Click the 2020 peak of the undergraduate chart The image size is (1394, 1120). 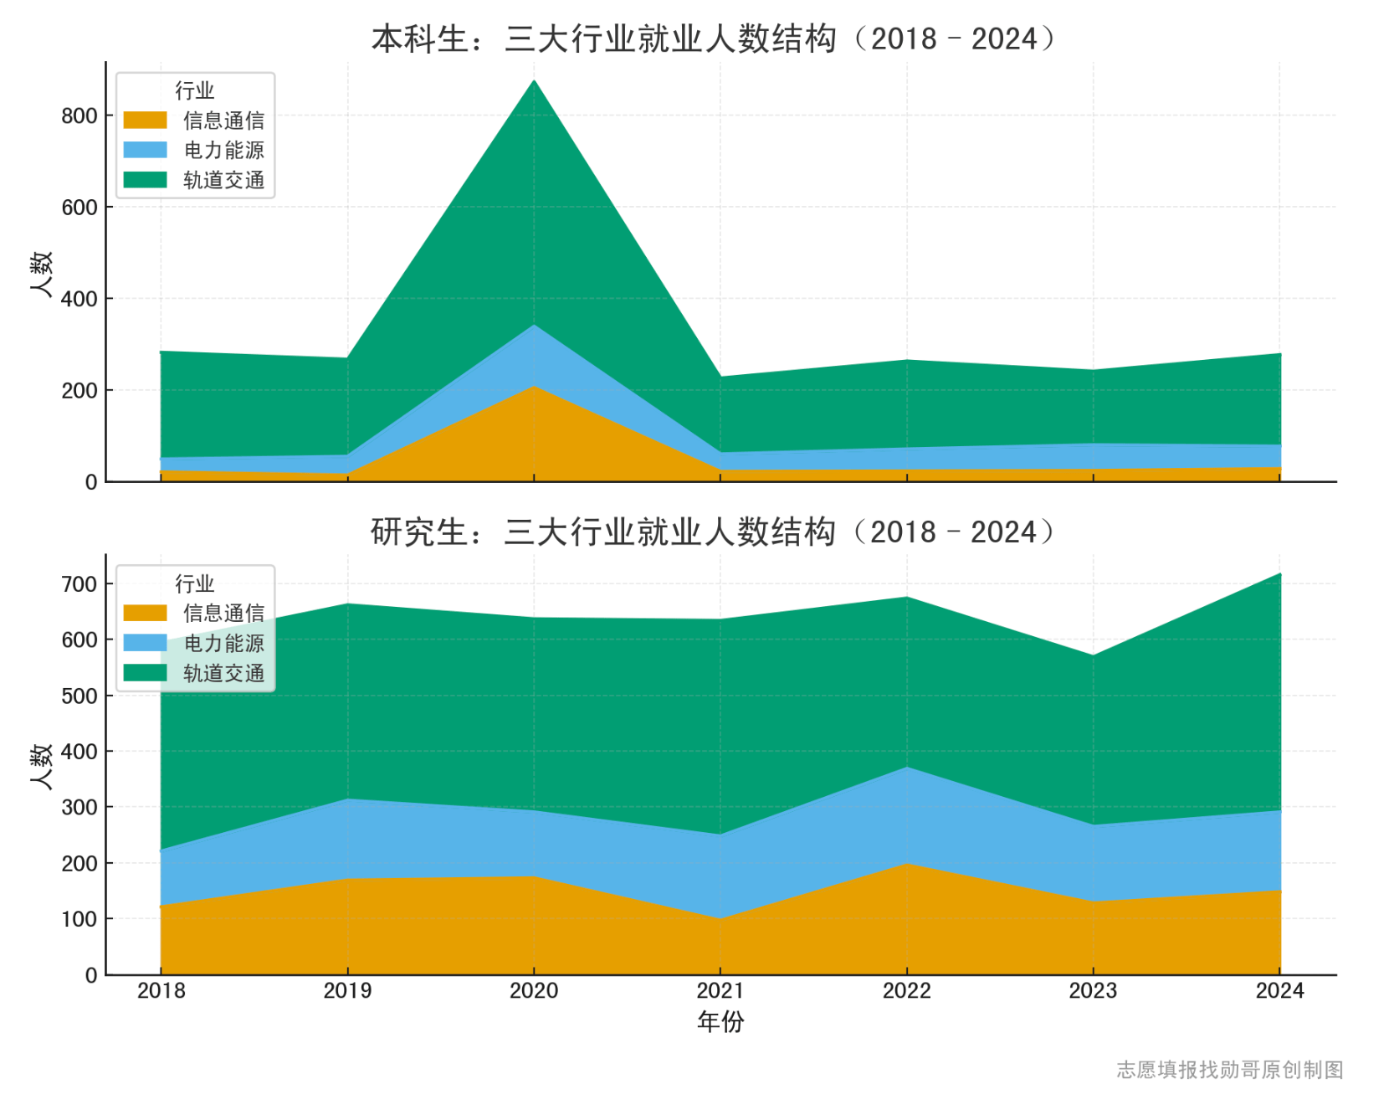pos(534,81)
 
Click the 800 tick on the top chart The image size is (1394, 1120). pos(79,116)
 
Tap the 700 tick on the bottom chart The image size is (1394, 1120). pos(79,584)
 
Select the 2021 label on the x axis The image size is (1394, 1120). pos(720,991)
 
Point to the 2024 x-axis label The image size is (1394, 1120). pos(1279,991)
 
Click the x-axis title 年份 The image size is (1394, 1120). pos(720,1021)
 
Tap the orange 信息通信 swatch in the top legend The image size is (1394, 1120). pos(145,121)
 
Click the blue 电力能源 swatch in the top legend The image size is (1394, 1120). pos(145,151)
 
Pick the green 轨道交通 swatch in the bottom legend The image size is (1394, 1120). pos(145,673)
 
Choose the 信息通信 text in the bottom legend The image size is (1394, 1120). pos(223,614)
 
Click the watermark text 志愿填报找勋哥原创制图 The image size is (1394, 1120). pos(1229,1070)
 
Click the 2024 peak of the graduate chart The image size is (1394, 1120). pos(1279,575)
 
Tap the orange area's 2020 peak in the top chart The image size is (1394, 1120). pos(534,387)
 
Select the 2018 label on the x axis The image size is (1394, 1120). pos(161,991)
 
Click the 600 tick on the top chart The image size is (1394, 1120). pos(79,208)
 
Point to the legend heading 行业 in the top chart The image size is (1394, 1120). pos(194,90)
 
